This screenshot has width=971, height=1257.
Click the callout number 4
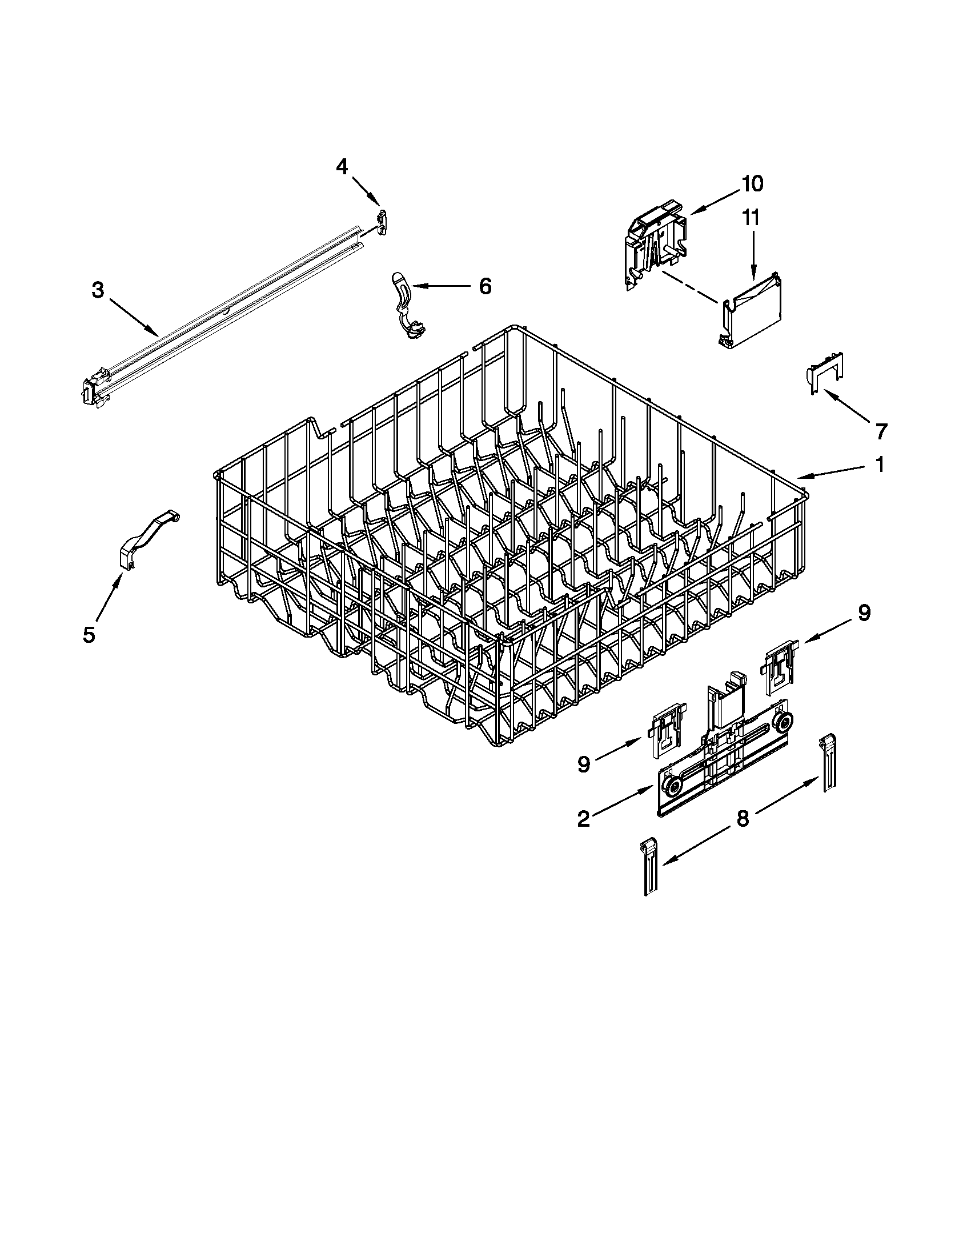pyautogui.click(x=342, y=167)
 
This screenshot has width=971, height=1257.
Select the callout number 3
pyautogui.click(x=98, y=291)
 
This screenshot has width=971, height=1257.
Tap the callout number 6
pyautogui.click(x=485, y=286)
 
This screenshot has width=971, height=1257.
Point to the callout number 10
pyautogui.click(x=752, y=184)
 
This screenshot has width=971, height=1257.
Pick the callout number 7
pyautogui.click(x=881, y=430)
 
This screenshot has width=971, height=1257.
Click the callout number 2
pyautogui.click(x=583, y=818)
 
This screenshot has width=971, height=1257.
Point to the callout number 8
pyautogui.click(x=743, y=818)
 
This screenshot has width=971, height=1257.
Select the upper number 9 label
pyautogui.click(x=864, y=613)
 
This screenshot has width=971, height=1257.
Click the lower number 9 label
pyautogui.click(x=583, y=764)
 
